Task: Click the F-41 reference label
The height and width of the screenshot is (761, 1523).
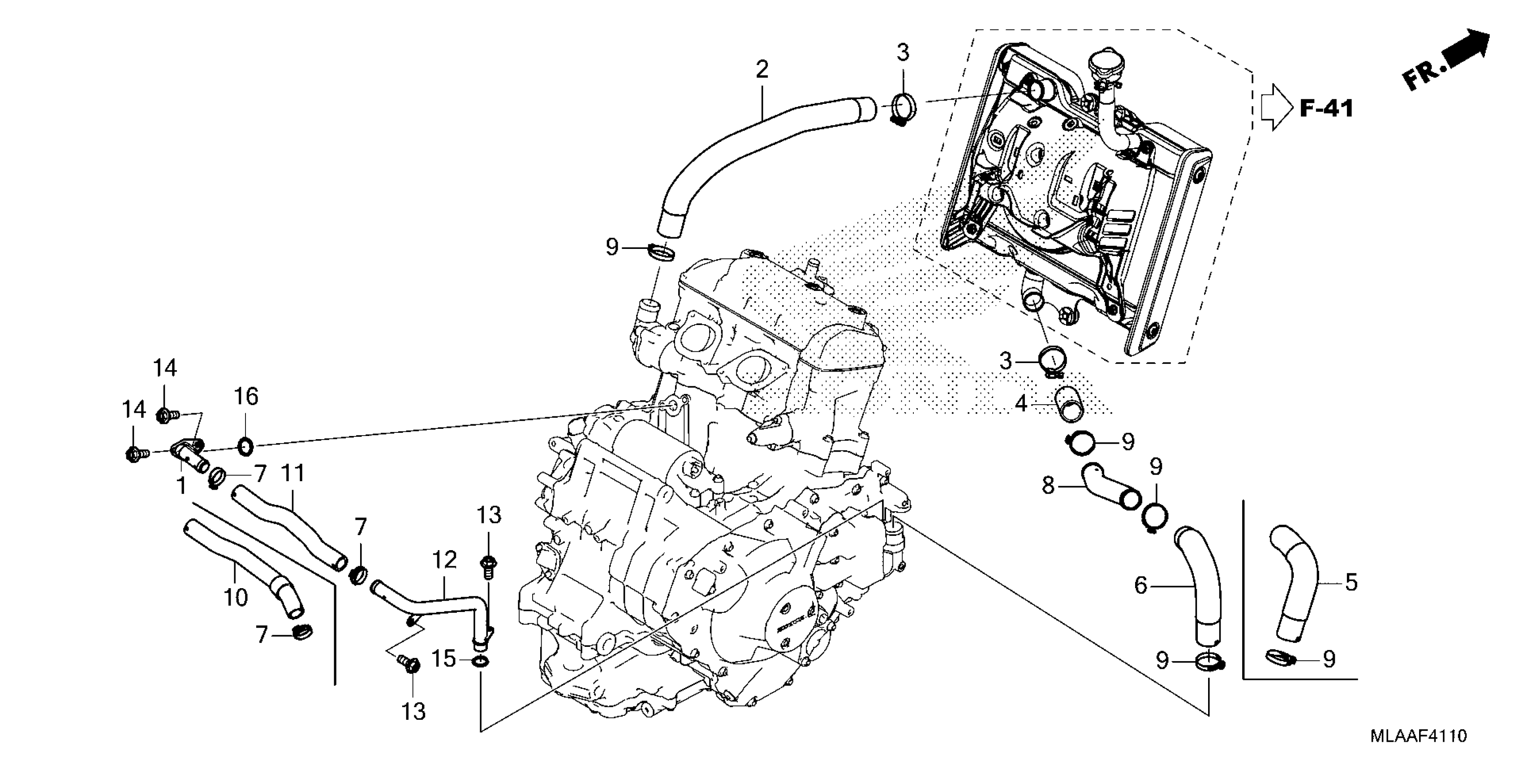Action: pos(1326,109)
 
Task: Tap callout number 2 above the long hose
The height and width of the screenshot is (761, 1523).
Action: pos(762,70)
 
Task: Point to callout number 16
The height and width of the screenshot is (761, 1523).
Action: pos(246,397)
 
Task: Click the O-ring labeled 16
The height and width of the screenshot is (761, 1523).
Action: pos(246,447)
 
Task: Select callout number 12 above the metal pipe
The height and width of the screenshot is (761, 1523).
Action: pos(445,560)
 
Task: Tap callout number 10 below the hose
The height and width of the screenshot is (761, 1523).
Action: pos(235,597)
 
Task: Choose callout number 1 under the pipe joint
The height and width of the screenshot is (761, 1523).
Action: pos(181,486)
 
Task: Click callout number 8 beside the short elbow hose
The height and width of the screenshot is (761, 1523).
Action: pos(1048,486)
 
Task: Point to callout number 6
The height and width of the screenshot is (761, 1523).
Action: pos(1140,586)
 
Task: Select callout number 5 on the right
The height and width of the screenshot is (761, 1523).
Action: pos(1351,582)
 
